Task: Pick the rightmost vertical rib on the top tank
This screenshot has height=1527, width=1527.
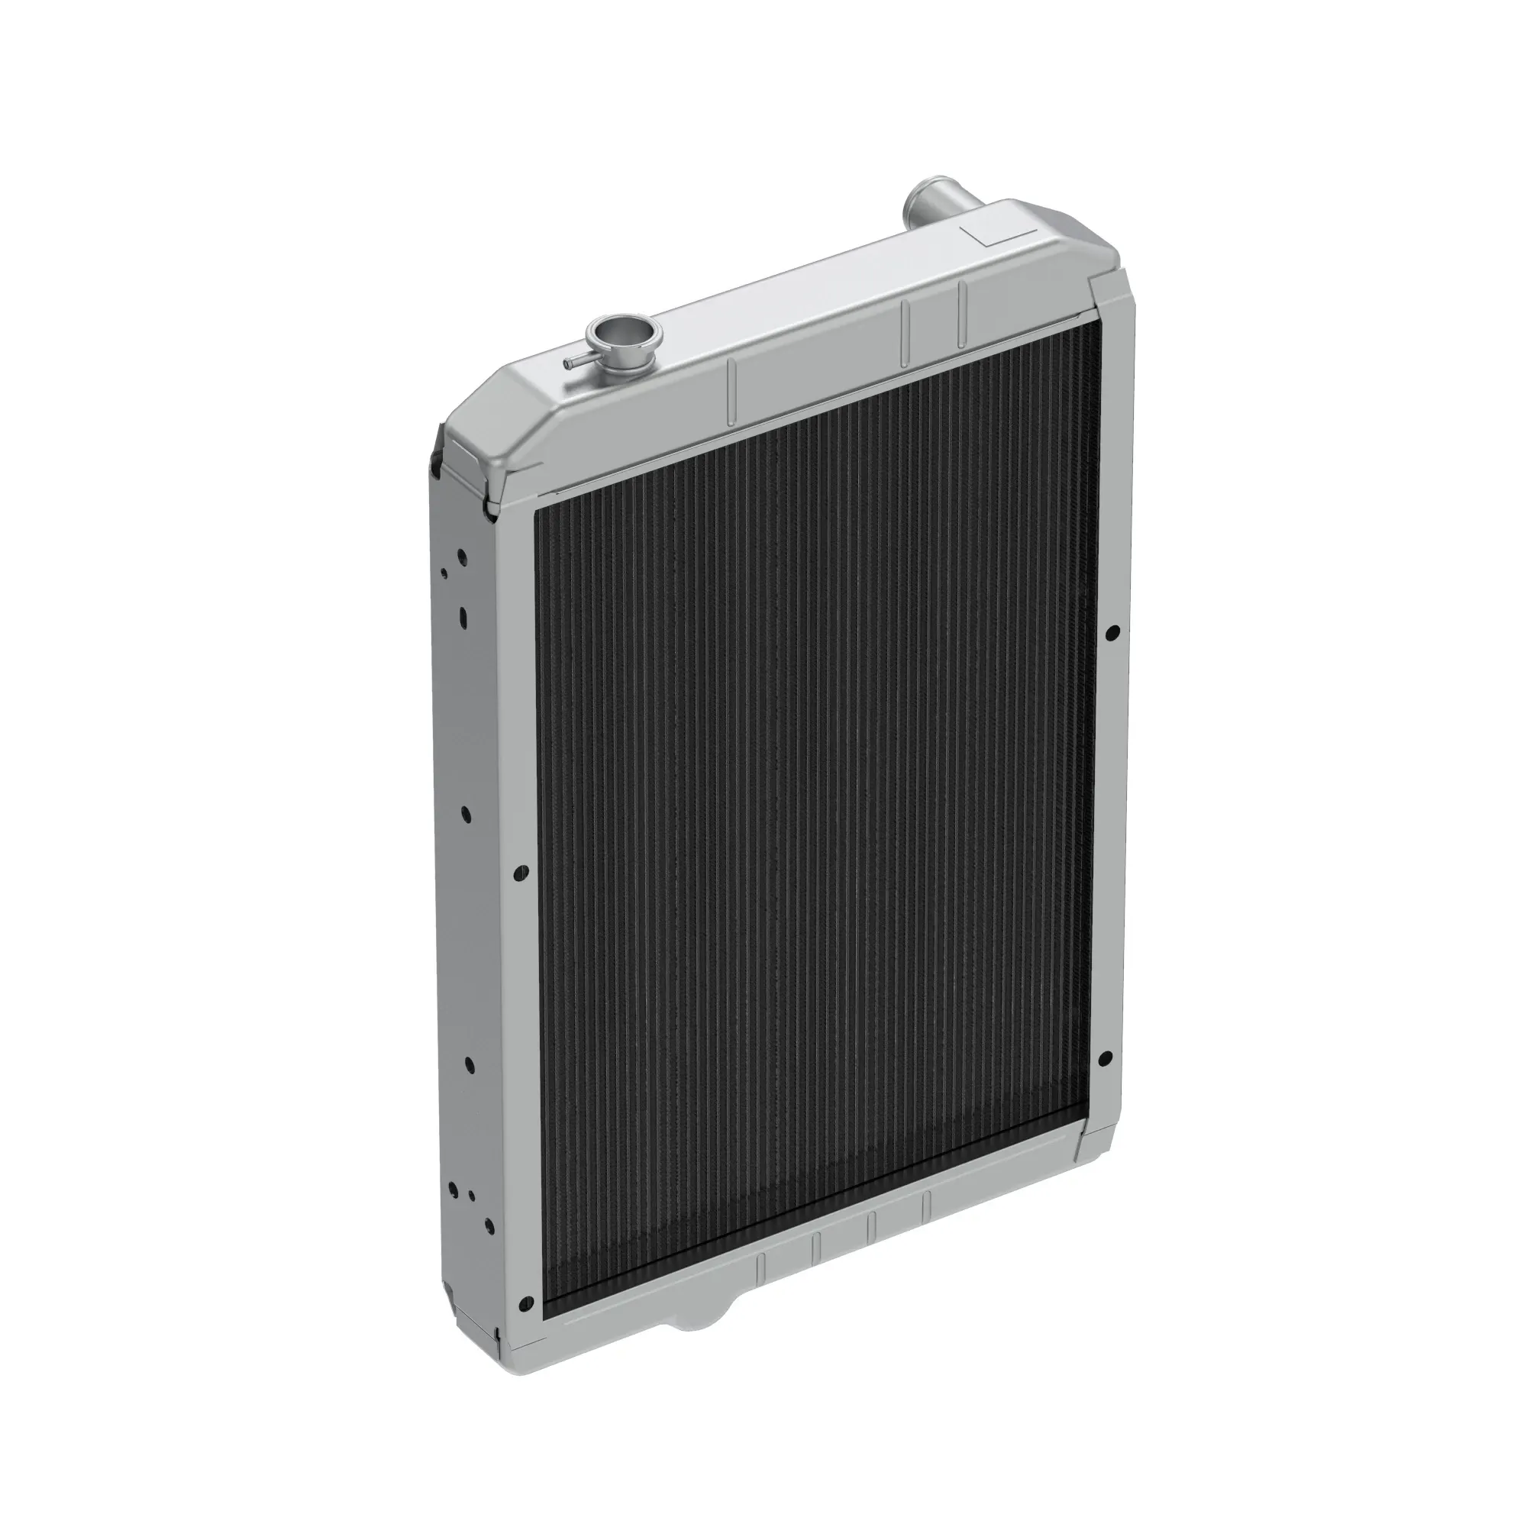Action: [x=963, y=315]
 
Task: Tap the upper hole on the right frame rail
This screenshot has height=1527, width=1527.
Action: [x=1112, y=632]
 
